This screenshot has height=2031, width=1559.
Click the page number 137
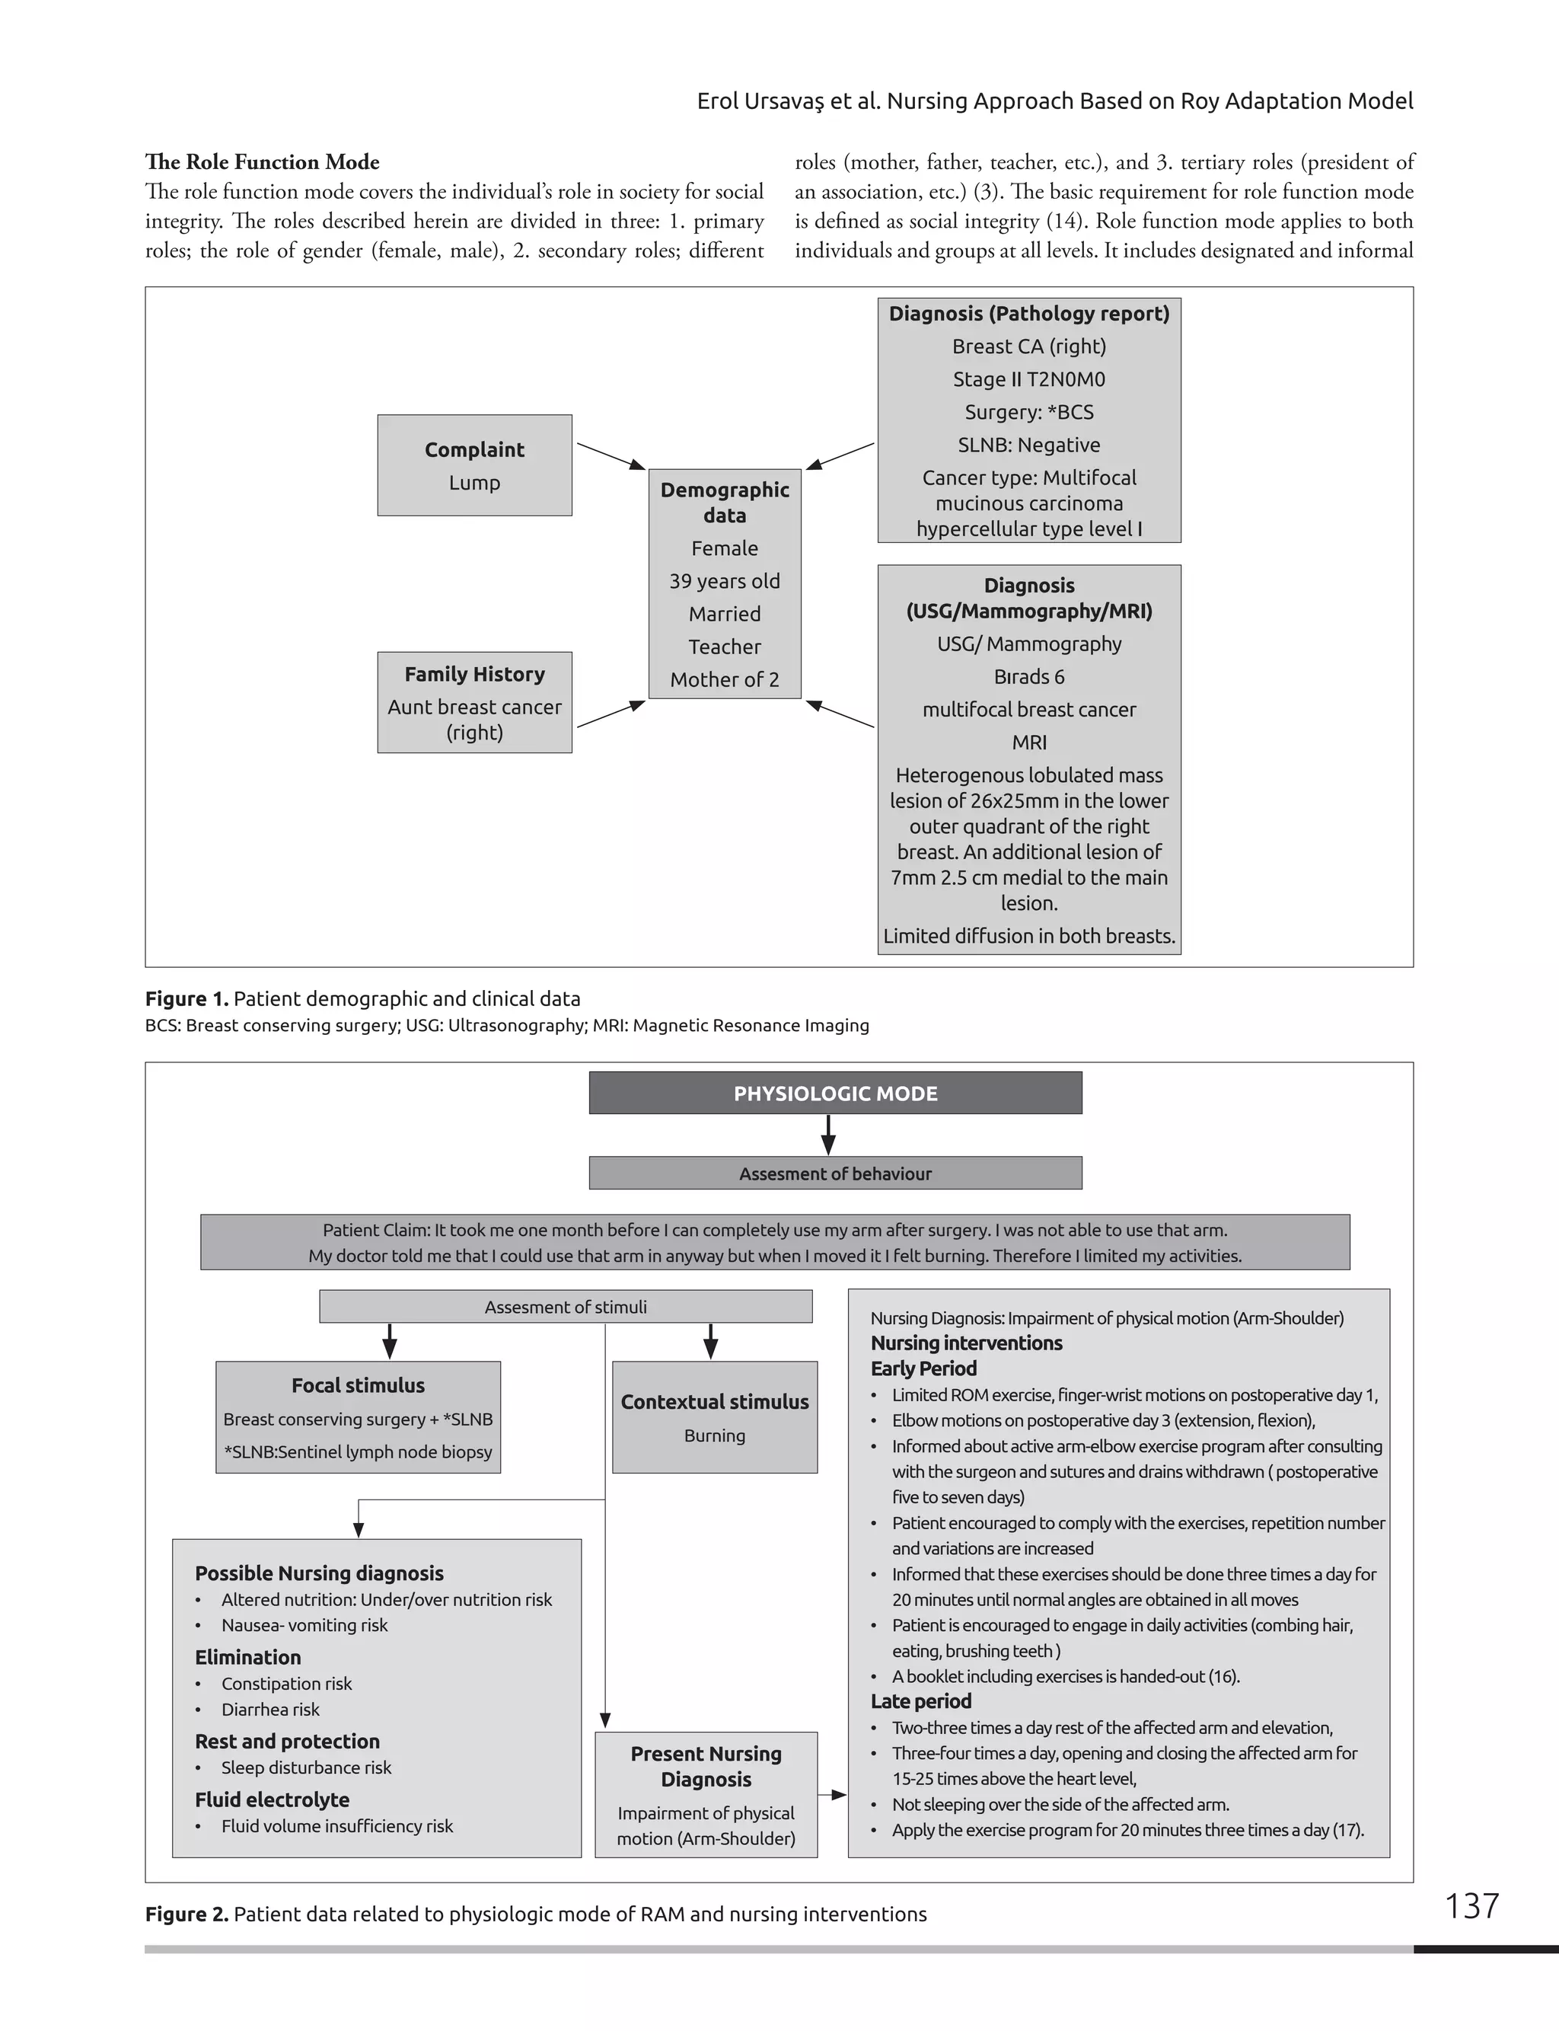1471,1905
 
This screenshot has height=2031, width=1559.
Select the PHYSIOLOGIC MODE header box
834,1093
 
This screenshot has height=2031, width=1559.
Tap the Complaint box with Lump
474,465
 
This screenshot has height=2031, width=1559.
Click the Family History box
474,702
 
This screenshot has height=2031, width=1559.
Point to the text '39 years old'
724,581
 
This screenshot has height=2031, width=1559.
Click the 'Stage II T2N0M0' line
1028,378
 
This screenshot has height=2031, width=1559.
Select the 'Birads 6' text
1028,677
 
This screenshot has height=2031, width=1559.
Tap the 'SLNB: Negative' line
1028,445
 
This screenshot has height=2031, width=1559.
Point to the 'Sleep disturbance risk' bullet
305,1768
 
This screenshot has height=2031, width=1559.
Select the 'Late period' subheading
920,1700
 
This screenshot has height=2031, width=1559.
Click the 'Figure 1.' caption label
187,999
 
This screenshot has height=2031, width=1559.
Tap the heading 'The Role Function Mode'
262,161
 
